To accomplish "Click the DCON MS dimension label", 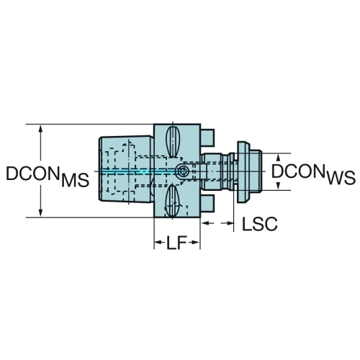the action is click(x=48, y=176).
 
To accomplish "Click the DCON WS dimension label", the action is click(x=313, y=174).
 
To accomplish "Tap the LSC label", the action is click(x=260, y=224).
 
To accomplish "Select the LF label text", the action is click(x=176, y=243).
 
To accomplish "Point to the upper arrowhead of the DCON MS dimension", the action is click(x=41, y=129).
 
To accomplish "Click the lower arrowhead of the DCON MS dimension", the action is click(x=41, y=212).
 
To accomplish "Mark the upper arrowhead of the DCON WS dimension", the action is click(x=279, y=158).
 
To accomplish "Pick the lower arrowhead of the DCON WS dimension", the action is click(x=279, y=186).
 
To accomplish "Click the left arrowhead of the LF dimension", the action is click(x=158, y=243).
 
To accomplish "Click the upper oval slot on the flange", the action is click(x=173, y=142).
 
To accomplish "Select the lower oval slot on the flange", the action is click(x=173, y=200).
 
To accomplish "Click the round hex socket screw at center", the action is click(x=181, y=172).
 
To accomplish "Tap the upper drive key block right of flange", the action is click(x=207, y=138).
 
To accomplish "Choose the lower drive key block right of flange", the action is click(x=207, y=203).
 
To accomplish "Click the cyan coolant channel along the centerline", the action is click(x=138, y=171).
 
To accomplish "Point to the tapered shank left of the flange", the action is click(x=126, y=169).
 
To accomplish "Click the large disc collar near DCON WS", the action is click(x=244, y=172).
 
